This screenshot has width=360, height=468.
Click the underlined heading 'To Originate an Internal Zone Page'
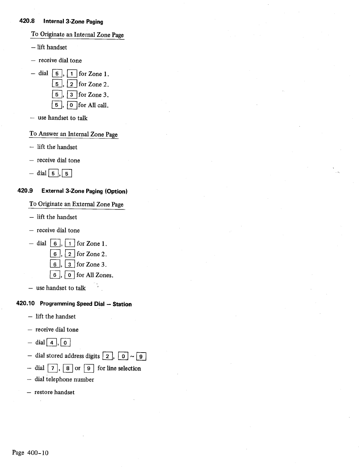pos(77,35)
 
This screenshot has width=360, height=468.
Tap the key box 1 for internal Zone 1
pos(72,74)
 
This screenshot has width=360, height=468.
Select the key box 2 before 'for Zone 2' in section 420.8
pos(72,85)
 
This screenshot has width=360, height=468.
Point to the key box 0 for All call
pos(72,105)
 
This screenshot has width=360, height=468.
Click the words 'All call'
pos(98,105)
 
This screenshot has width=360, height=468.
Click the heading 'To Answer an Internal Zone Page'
pos(73,134)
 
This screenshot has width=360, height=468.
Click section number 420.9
pos(25,191)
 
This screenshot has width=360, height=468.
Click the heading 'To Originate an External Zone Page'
pos(76,204)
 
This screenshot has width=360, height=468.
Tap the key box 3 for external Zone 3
pos(70,264)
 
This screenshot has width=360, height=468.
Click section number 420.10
pos(25,304)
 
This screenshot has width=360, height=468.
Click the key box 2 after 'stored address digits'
pos(107,356)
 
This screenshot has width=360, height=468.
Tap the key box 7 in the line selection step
pos(53,368)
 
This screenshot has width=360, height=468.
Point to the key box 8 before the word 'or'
pos(67,368)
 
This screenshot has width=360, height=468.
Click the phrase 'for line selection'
pos(119,368)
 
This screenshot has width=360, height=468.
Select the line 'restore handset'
pos(54,392)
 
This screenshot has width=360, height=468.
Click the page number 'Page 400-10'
pos(30,453)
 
